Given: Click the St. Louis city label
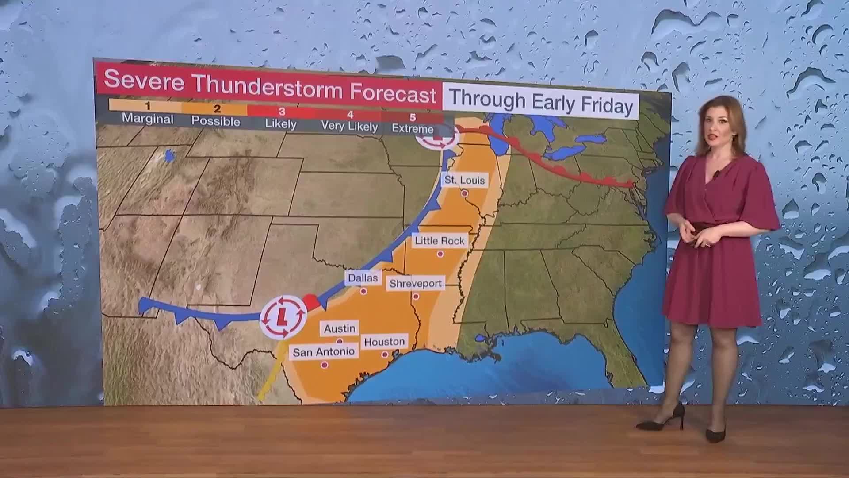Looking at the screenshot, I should point(465,180).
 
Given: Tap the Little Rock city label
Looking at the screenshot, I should point(440,241).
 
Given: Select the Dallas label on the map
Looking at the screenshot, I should point(363,278).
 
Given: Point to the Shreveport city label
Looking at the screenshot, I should point(415,283).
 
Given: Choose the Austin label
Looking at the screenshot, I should point(339,328).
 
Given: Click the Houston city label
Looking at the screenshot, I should point(384,342).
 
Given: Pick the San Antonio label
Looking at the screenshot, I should point(324,352).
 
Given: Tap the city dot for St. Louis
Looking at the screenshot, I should point(464,193).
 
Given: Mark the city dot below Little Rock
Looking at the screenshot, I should point(440,254).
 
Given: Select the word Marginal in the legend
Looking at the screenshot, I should point(148,119).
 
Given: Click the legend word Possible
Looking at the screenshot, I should point(216,121).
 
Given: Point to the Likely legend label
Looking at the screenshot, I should point(281,123).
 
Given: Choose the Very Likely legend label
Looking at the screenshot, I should point(349,126).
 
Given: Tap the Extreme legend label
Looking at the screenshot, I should point(413,129).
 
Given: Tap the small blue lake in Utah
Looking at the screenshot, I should point(168,156).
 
